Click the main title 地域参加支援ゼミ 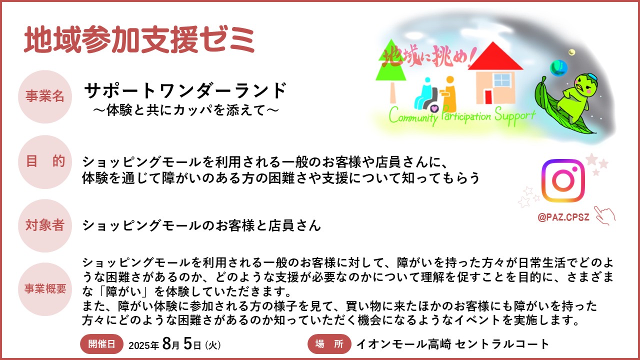tap(139, 39)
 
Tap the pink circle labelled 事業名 tap(45, 96)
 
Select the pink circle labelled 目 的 tap(45, 161)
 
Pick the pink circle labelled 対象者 tap(45, 225)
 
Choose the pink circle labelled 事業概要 tap(45, 289)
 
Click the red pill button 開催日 tap(101, 344)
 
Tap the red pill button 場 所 tap(329, 344)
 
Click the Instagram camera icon tap(563, 180)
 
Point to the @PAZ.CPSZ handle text tap(563, 217)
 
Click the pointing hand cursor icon tap(604, 215)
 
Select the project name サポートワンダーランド tap(185, 90)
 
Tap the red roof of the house tap(495, 57)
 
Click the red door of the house tap(488, 97)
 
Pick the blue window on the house tap(502, 79)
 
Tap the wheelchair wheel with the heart tap(433, 108)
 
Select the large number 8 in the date tap(166, 343)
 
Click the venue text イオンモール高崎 tap(403, 344)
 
